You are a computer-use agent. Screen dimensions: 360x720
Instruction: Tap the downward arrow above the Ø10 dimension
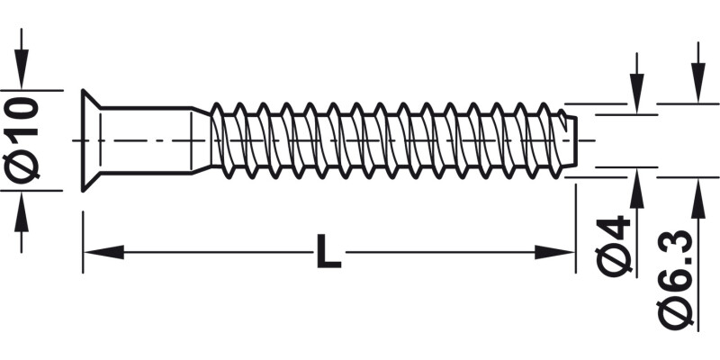[22, 72]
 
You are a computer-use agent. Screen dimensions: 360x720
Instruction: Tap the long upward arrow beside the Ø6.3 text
[696, 207]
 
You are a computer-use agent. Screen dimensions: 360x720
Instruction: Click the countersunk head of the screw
[90, 140]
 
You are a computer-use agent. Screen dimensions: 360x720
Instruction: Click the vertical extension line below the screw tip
[574, 225]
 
